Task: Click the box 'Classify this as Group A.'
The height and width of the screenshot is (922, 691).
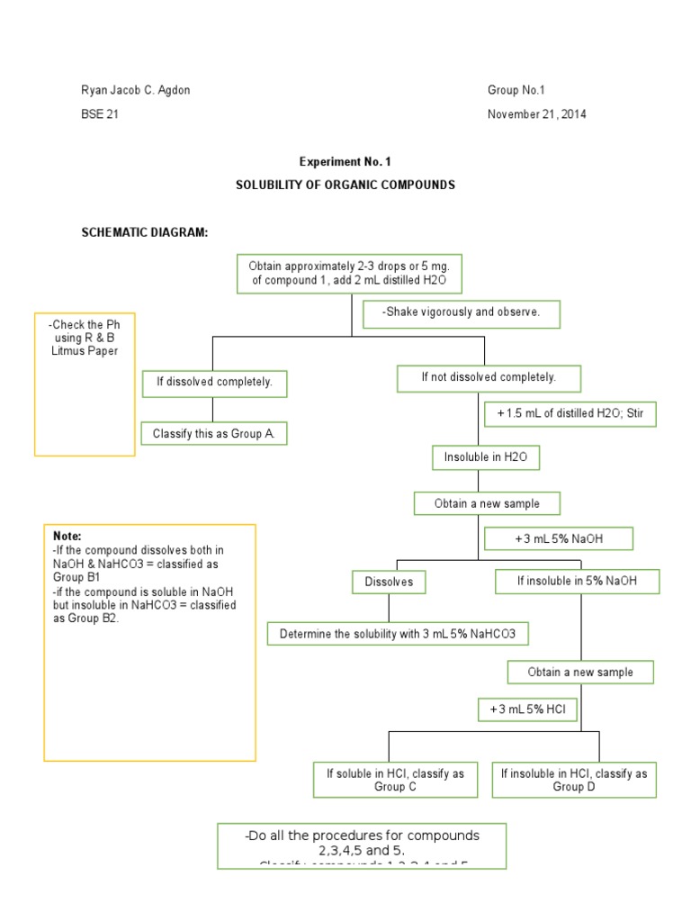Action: pyautogui.click(x=213, y=433)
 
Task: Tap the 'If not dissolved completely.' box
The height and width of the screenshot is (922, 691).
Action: pyautogui.click(x=489, y=378)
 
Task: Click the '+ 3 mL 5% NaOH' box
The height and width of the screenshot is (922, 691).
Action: pyautogui.click(x=559, y=538)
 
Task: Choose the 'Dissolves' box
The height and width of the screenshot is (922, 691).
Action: pyautogui.click(x=389, y=582)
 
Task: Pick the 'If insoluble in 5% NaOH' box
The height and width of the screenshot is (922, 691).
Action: pyautogui.click(x=577, y=582)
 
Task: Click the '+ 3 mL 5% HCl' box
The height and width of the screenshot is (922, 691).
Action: pyautogui.click(x=527, y=710)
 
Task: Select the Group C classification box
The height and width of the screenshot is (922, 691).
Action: pyautogui.click(x=395, y=780)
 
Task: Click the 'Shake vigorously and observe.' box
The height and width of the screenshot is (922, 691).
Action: pyautogui.click(x=462, y=313)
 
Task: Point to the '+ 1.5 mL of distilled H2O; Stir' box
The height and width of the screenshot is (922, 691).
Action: pyautogui.click(x=570, y=414)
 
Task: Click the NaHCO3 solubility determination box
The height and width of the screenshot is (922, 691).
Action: pyautogui.click(x=398, y=634)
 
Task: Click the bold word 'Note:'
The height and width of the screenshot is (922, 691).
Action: pyautogui.click(x=67, y=536)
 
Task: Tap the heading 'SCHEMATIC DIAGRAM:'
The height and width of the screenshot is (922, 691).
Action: pyautogui.click(x=145, y=234)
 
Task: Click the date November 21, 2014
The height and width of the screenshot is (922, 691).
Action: pyautogui.click(x=538, y=114)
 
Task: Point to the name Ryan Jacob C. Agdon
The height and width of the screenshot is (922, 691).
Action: pyautogui.click(x=136, y=90)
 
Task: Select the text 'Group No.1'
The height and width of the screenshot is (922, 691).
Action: pyautogui.click(x=516, y=90)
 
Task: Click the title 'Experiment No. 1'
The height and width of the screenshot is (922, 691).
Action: pyautogui.click(x=345, y=162)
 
